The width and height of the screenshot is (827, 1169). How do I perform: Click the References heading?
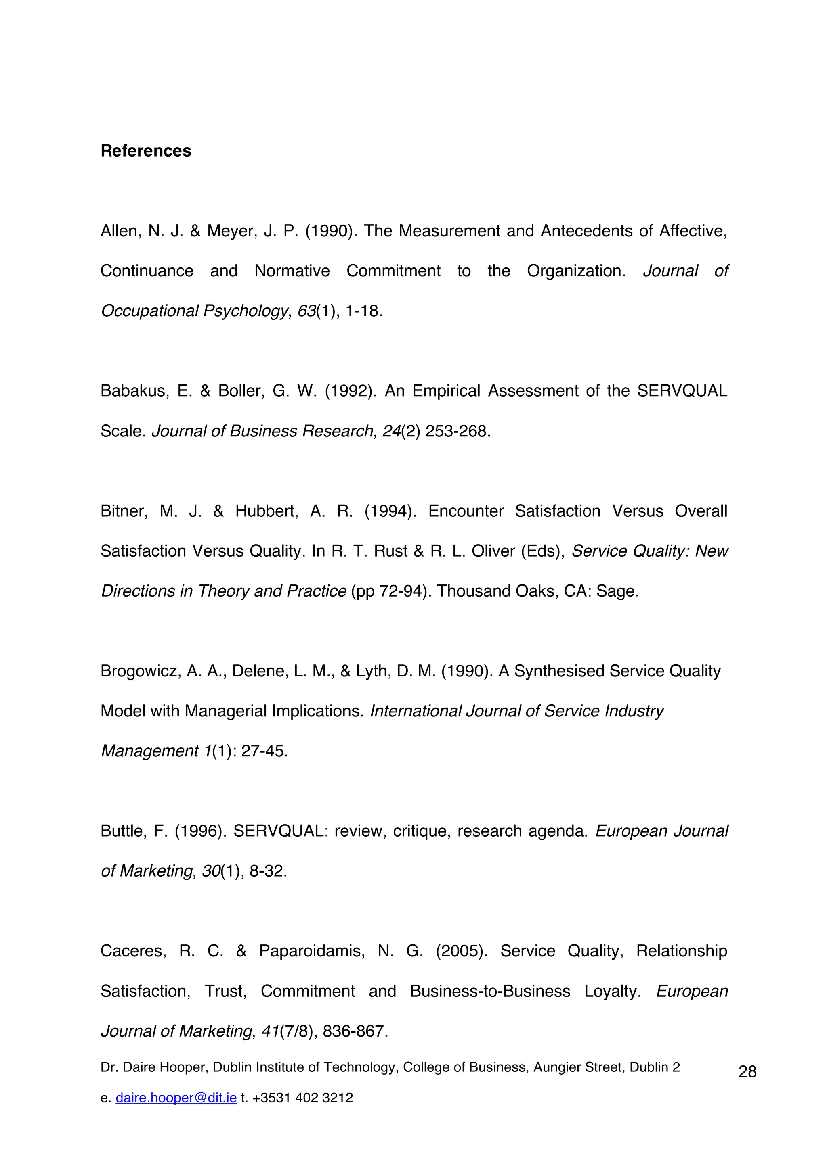point(146,151)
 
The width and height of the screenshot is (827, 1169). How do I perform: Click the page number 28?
point(747,1072)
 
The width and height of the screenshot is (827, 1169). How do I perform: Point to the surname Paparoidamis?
point(311,951)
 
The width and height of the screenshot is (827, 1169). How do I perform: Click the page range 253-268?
point(458,431)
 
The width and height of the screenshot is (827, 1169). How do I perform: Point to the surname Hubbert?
point(266,511)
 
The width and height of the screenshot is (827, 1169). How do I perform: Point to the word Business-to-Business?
point(490,991)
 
